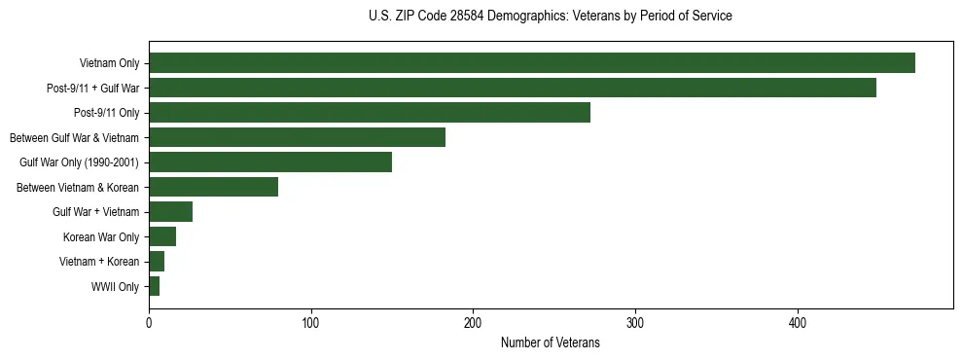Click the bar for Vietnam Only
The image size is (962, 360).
tap(532, 63)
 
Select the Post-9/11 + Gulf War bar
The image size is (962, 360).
tap(513, 88)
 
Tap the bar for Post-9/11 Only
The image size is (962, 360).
tap(370, 113)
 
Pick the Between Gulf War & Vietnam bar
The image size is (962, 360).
tap(297, 137)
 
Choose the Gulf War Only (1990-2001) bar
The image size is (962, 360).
tap(270, 162)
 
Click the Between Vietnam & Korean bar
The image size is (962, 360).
tap(213, 187)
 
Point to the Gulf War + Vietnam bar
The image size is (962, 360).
tap(170, 212)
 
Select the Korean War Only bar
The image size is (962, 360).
tap(162, 236)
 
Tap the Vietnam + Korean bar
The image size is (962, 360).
tap(157, 262)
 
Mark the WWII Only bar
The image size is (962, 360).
tap(154, 286)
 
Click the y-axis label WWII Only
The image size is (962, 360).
tap(115, 287)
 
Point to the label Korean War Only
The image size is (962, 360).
tap(101, 237)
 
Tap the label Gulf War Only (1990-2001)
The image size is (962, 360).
tap(79, 162)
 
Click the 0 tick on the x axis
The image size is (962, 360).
tap(149, 323)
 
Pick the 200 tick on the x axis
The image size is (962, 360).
tap(473, 323)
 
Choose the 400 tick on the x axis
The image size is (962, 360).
tap(798, 323)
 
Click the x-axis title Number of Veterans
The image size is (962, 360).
tap(550, 342)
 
